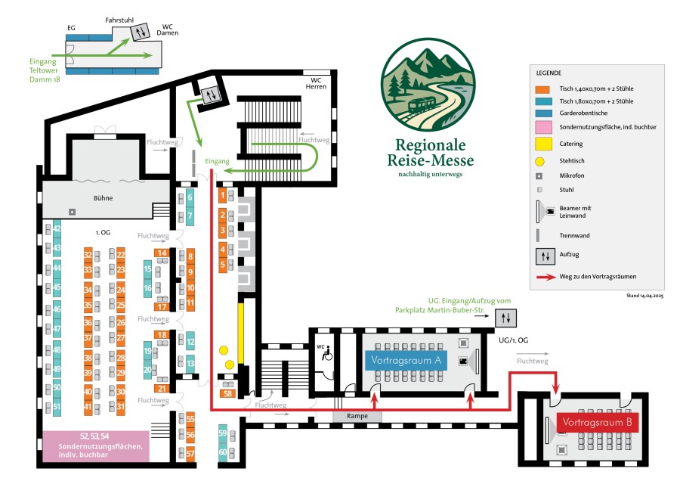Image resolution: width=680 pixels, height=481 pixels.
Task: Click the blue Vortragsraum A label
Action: point(406,360)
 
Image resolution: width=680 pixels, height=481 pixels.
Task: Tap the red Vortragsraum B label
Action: point(598,422)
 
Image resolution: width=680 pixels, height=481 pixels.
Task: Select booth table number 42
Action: point(57,228)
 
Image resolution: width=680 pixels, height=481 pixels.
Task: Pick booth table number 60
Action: point(223,453)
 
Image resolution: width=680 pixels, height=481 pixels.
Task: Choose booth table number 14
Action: point(162,253)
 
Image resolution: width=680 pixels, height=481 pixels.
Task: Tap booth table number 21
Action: point(162,388)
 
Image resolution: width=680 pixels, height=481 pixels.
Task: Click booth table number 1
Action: point(222,196)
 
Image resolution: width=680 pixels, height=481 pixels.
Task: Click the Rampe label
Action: point(357,416)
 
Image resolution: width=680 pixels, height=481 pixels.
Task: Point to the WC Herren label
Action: point(316,83)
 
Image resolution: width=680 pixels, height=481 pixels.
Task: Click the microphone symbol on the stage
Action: point(72,211)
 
